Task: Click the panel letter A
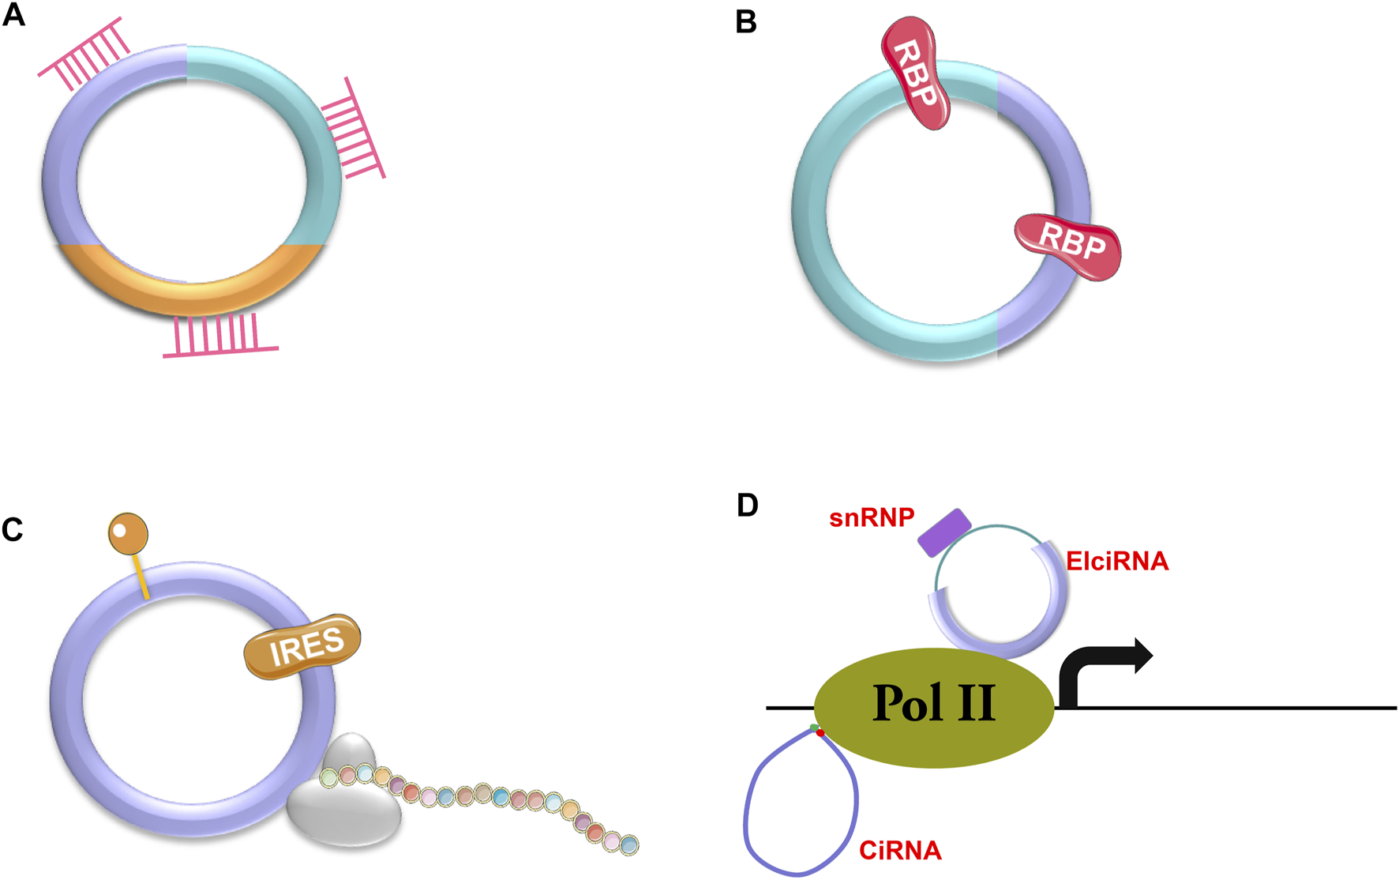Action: (x=13, y=14)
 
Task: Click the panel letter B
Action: (x=745, y=22)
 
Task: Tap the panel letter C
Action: (x=13, y=530)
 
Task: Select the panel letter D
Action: (x=747, y=506)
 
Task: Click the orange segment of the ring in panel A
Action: (x=189, y=284)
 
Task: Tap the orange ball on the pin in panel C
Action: (x=128, y=533)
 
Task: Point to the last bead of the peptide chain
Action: (x=628, y=846)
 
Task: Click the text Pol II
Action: (x=933, y=703)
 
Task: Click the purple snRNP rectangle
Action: (x=944, y=533)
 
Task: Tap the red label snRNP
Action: (x=872, y=518)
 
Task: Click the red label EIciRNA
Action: (x=1116, y=562)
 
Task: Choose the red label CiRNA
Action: (x=900, y=851)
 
